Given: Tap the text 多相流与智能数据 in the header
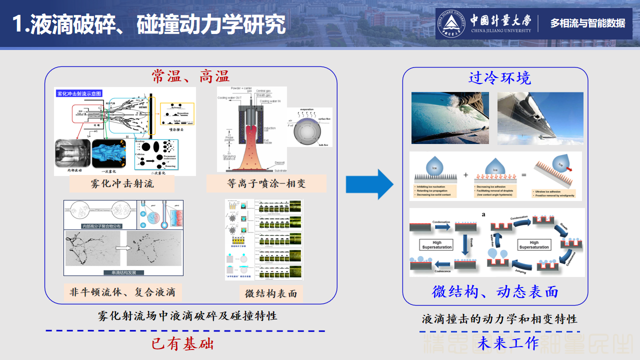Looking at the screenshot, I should pyautogui.click(x=587, y=23).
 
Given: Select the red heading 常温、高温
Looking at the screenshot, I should pyautogui.click(x=190, y=76).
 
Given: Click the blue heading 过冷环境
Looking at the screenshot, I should pyautogui.click(x=499, y=78).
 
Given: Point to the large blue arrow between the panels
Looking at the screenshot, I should pyautogui.click(x=369, y=184).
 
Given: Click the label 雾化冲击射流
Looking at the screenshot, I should pyautogui.click(x=122, y=183).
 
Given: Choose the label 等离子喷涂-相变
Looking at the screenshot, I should pyautogui.click(x=266, y=183).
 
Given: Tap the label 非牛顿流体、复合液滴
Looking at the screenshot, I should pyautogui.click(x=122, y=292).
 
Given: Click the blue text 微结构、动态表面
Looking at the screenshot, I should pyautogui.click(x=495, y=292).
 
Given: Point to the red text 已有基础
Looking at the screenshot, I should pyautogui.click(x=182, y=344).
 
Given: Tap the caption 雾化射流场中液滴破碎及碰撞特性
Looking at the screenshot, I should pyautogui.click(x=187, y=316).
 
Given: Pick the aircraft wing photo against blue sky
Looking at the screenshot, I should pyautogui.click(x=540, y=118).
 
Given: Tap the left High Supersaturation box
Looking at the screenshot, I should pyautogui.click(x=436, y=244).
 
